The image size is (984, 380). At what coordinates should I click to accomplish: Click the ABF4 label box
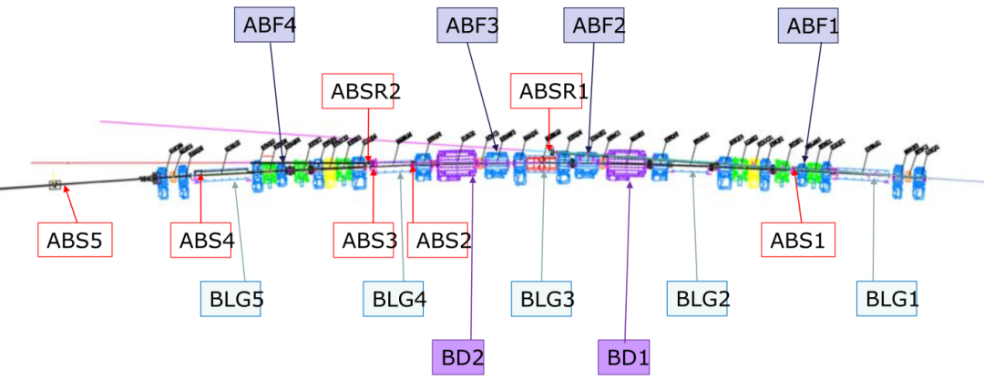pyautogui.click(x=265, y=26)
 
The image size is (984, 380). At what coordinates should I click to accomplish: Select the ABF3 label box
pyautogui.click(x=467, y=26)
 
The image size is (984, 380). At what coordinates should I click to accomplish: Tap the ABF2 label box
pyautogui.click(x=594, y=26)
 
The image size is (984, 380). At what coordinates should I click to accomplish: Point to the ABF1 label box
pyautogui.click(x=808, y=26)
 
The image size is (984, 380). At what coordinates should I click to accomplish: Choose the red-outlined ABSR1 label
pyautogui.click(x=548, y=91)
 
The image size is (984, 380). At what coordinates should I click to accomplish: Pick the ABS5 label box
pyautogui.click(x=75, y=240)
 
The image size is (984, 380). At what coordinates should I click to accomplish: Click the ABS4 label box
pyautogui.click(x=202, y=240)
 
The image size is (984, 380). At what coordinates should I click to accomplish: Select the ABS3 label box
pyautogui.click(x=364, y=240)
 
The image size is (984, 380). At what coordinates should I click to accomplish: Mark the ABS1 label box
pyautogui.click(x=798, y=240)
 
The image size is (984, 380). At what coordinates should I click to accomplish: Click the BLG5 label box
pyautogui.click(x=231, y=299)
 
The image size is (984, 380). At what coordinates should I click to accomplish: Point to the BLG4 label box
pyautogui.click(x=394, y=299)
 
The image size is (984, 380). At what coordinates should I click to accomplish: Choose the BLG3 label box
pyautogui.click(x=541, y=299)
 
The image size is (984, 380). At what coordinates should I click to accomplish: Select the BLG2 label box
pyautogui.click(x=697, y=299)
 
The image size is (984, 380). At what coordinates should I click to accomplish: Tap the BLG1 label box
pyautogui.click(x=887, y=299)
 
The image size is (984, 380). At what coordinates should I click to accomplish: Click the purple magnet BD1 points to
pyautogui.click(x=626, y=165)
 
